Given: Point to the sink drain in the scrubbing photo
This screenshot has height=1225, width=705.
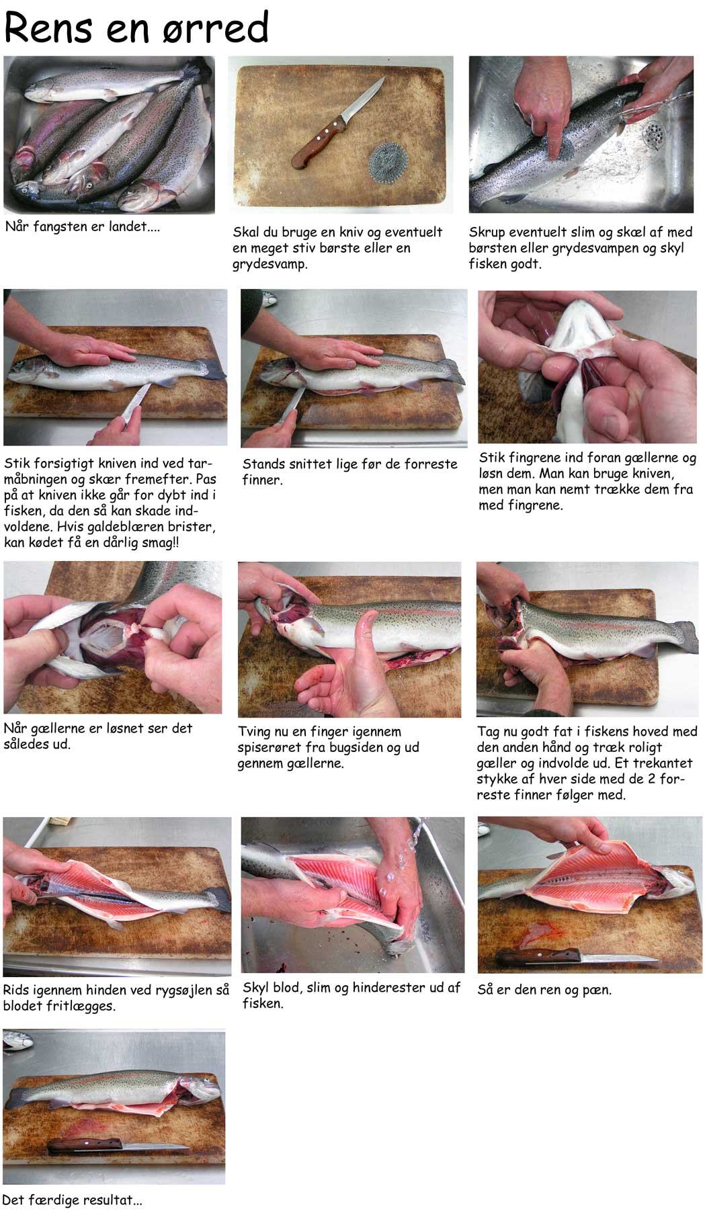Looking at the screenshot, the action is click(653, 135).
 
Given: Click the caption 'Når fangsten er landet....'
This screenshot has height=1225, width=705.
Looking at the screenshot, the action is click(83, 226).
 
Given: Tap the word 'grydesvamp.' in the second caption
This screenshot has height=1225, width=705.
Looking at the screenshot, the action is click(270, 264).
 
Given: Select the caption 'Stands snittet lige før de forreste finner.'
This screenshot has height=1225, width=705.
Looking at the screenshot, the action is click(349, 472).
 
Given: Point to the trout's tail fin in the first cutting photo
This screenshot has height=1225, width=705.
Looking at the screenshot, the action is click(214, 368).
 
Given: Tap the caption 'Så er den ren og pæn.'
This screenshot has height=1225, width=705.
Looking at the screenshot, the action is click(544, 990).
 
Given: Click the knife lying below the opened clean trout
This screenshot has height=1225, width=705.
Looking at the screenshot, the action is click(577, 956).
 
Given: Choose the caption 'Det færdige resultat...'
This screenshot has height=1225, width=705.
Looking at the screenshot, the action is click(73, 1200).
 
